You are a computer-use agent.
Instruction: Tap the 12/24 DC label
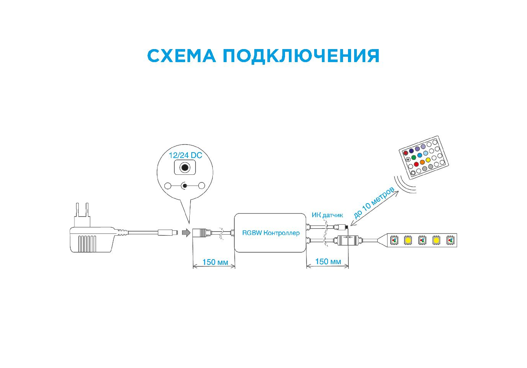pyautogui.click(x=185, y=156)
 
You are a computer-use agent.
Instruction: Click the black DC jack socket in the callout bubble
pyautogui.click(x=185, y=168)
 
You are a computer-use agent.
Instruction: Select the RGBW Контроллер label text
pyautogui.click(x=271, y=233)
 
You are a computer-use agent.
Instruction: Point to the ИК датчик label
pyautogui.click(x=327, y=215)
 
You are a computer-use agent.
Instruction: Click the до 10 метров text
pyautogui.click(x=373, y=203)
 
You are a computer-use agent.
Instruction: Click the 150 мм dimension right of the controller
pyautogui.click(x=328, y=261)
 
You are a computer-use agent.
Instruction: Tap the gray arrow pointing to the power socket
pyautogui.click(x=186, y=233)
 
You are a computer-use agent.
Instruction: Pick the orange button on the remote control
pyautogui.click(x=422, y=162)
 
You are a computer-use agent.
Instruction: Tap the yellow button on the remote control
pyautogui.click(x=429, y=159)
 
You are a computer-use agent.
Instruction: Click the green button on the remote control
pyautogui.click(x=414, y=157)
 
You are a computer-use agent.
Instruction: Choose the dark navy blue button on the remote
pyautogui.click(x=411, y=151)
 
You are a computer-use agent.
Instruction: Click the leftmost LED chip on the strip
pyautogui.click(x=394, y=240)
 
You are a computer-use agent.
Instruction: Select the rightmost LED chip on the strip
pyautogui.click(x=450, y=240)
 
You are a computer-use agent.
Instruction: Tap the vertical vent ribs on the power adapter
pyautogui.click(x=87, y=243)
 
